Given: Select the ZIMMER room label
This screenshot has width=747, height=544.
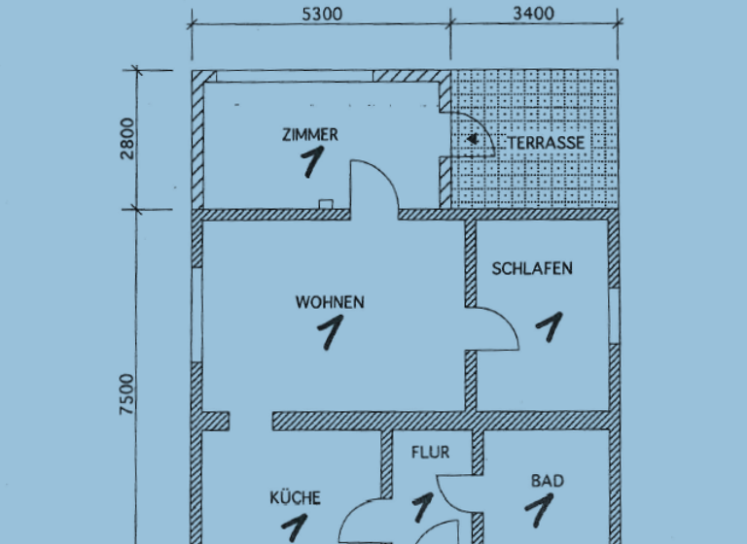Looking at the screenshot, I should [309, 135].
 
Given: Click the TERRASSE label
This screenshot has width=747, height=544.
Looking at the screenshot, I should [546, 143].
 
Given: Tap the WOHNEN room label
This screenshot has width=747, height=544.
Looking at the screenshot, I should [330, 302].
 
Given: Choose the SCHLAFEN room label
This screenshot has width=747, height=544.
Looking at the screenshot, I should [532, 268].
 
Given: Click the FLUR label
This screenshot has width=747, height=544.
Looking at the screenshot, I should [430, 452].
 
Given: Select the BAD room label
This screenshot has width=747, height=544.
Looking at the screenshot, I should [548, 480].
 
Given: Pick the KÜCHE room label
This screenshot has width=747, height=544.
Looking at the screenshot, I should [295, 498].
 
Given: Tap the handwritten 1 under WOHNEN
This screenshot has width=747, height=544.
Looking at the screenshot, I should [331, 333].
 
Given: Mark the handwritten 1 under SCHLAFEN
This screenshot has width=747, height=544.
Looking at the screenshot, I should [550, 326].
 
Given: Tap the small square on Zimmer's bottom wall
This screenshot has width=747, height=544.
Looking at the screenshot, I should [326, 204].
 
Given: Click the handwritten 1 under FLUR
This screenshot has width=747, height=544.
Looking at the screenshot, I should [424, 506].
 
